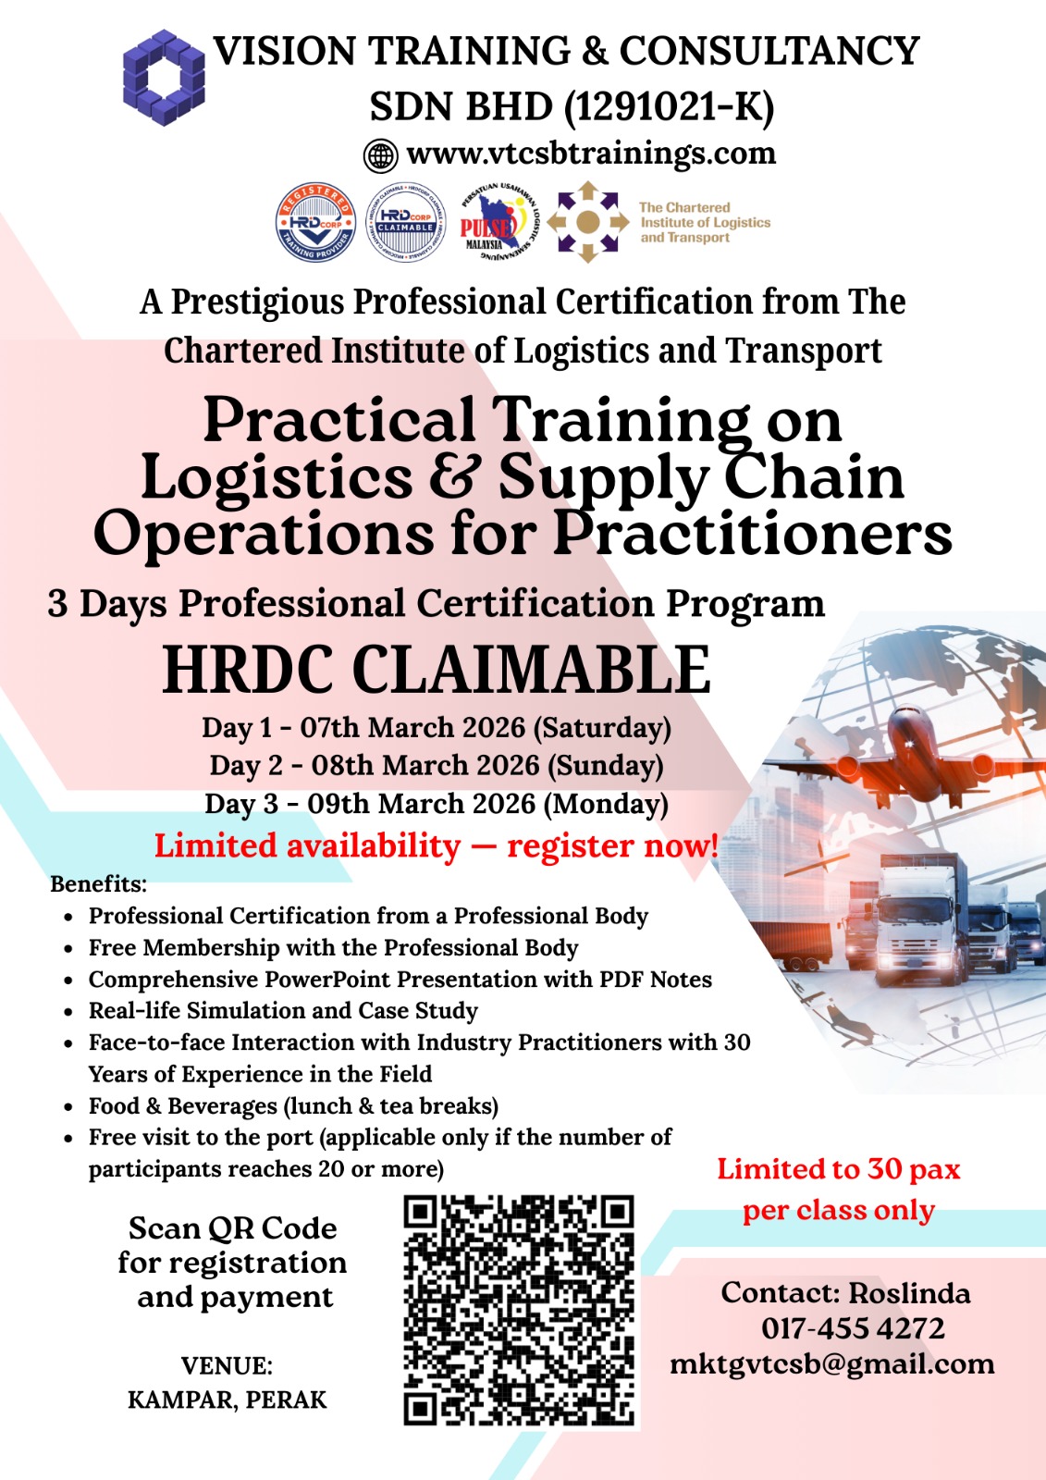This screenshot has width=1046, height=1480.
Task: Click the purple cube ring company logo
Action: tap(164, 78)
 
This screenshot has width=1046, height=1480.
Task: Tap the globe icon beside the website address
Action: tap(381, 155)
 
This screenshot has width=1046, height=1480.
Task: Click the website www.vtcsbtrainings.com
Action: tap(591, 154)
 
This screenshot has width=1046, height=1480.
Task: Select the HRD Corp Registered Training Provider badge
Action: tap(315, 222)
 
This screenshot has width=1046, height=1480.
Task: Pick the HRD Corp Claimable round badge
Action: tap(405, 222)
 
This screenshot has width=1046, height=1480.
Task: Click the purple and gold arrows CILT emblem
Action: tap(587, 222)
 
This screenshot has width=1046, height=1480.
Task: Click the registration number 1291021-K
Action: tap(668, 107)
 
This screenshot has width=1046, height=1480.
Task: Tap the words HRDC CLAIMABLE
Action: tap(437, 670)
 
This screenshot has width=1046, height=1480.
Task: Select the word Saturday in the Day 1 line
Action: tap(602, 727)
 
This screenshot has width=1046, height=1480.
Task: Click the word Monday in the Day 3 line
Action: tap(605, 804)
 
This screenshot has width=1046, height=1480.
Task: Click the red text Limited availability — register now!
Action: tap(437, 845)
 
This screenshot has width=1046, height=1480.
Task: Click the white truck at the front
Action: tap(918, 919)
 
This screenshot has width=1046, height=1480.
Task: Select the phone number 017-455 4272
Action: tap(853, 1328)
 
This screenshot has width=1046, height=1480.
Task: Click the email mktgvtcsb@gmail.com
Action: tap(832, 1364)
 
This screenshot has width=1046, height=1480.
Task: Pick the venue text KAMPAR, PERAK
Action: tap(227, 1400)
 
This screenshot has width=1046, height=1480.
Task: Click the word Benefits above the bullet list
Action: tap(98, 884)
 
